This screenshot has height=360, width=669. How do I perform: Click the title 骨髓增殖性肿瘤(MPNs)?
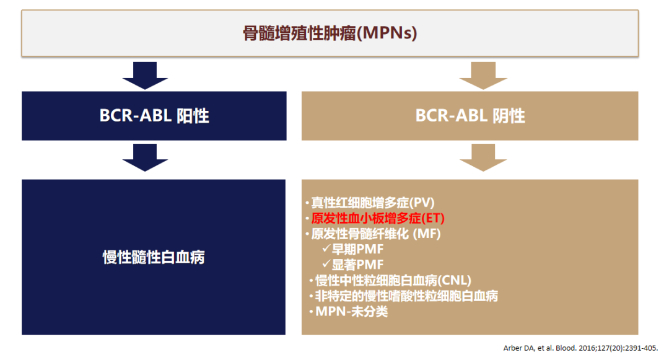(x=330, y=33)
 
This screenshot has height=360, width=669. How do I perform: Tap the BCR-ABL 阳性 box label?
(x=154, y=116)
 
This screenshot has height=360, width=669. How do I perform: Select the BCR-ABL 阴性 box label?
(x=470, y=116)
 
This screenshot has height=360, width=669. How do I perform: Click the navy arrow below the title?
(x=145, y=76)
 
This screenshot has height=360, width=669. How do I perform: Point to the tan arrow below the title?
(x=483, y=76)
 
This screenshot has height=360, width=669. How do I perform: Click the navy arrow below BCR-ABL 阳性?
(x=145, y=157)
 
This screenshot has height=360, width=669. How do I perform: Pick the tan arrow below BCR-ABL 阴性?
(x=483, y=157)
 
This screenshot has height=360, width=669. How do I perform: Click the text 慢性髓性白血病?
(x=154, y=257)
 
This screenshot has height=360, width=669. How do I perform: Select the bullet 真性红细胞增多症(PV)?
(x=373, y=203)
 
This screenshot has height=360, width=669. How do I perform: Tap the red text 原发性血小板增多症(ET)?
(x=378, y=218)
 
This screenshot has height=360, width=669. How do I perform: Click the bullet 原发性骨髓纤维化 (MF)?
(x=376, y=234)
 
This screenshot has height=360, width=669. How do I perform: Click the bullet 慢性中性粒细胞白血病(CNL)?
(x=393, y=280)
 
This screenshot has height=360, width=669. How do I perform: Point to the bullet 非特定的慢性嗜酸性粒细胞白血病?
(x=406, y=296)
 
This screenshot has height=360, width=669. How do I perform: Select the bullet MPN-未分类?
(x=351, y=311)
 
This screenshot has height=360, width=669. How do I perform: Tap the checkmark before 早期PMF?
(x=326, y=248)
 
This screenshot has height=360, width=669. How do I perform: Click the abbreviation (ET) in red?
(x=433, y=218)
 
